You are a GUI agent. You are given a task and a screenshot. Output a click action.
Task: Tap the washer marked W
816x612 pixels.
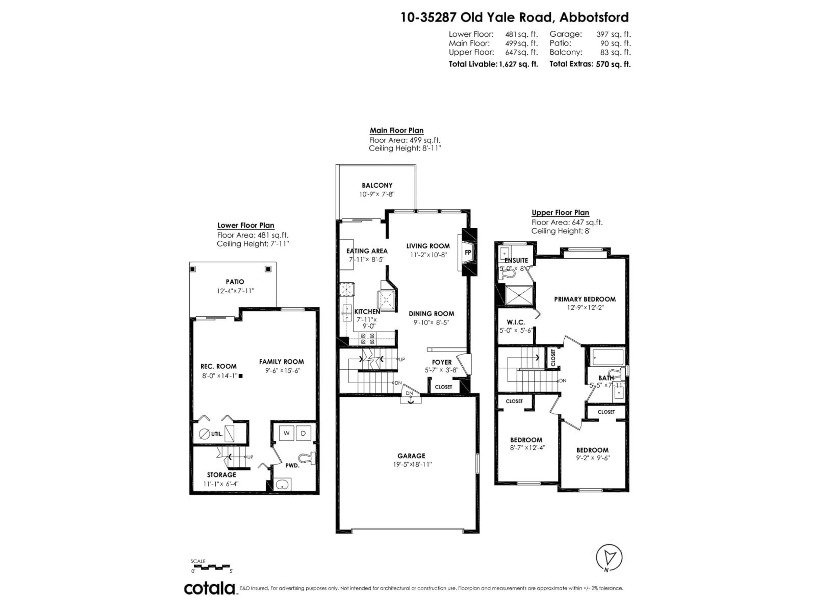286,433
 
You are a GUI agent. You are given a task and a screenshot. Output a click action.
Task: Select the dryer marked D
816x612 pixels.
303,433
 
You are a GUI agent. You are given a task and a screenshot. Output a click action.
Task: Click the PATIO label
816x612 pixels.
235,282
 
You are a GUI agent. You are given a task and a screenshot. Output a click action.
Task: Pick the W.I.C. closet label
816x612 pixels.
516,322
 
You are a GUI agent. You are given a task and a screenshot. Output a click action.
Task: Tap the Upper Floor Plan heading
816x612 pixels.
560,213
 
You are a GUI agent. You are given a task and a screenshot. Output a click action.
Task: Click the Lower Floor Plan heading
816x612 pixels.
246,225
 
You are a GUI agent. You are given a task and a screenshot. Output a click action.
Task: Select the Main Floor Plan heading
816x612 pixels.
397,130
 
